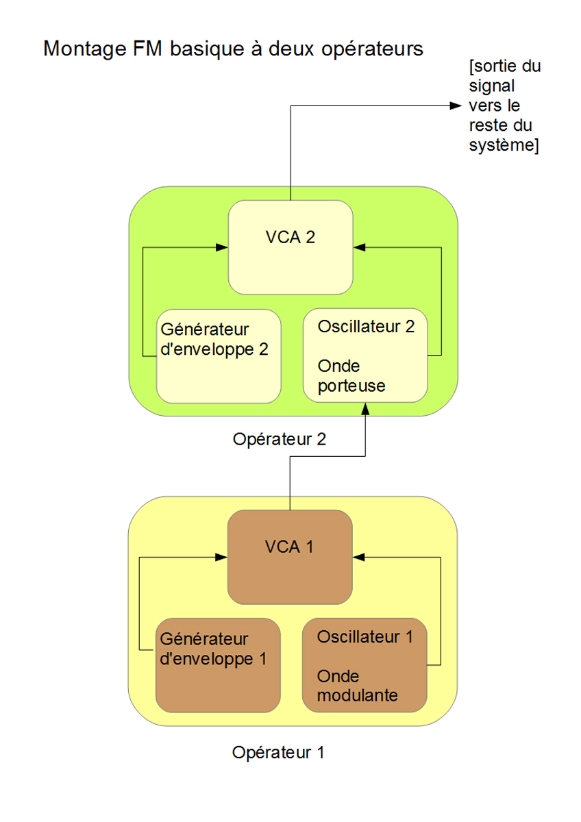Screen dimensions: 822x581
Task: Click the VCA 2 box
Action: pyautogui.click(x=290, y=247)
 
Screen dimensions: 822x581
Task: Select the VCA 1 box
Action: pyautogui.click(x=290, y=557)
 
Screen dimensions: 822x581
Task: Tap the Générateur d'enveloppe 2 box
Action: pyautogui.click(x=219, y=356)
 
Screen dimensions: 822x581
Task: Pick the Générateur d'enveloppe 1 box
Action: pyautogui.click(x=219, y=665)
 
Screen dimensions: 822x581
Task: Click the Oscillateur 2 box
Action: pyautogui.click(x=365, y=356)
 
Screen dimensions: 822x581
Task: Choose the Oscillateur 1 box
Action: pyautogui.click(x=365, y=665)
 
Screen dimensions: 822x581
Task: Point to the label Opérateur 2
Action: pyautogui.click(x=279, y=440)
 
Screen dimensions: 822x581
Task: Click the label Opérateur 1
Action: pyautogui.click(x=278, y=752)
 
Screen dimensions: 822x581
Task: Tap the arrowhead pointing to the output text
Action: pyautogui.click(x=455, y=105)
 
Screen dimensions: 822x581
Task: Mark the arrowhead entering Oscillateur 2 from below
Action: pyautogui.click(x=365, y=408)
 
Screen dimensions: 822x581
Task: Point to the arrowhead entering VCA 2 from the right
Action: pyautogui.click(x=358, y=247)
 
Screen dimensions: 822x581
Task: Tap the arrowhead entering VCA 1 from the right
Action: pyautogui.click(x=358, y=557)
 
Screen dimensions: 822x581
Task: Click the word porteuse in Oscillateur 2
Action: pyautogui.click(x=351, y=386)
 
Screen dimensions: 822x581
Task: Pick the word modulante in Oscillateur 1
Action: pyautogui.click(x=357, y=695)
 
